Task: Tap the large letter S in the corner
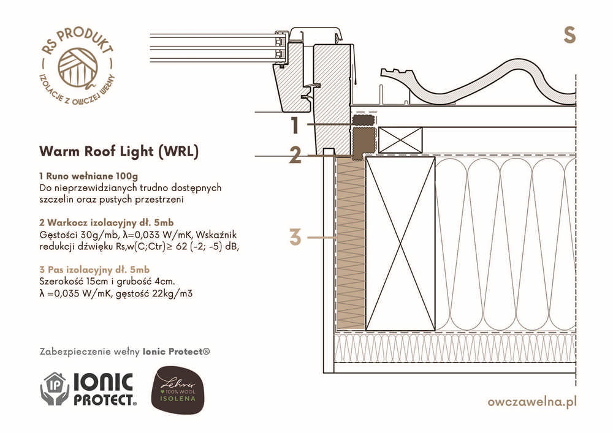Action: [569, 36]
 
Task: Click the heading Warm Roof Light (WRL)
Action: [118, 151]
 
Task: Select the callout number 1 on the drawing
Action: [295, 126]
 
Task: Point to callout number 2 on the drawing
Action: [295, 156]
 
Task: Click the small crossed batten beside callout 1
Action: [400, 140]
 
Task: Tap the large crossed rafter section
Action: [400, 243]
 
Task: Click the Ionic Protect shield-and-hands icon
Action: [55, 389]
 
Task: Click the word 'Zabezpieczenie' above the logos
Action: [72, 352]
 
